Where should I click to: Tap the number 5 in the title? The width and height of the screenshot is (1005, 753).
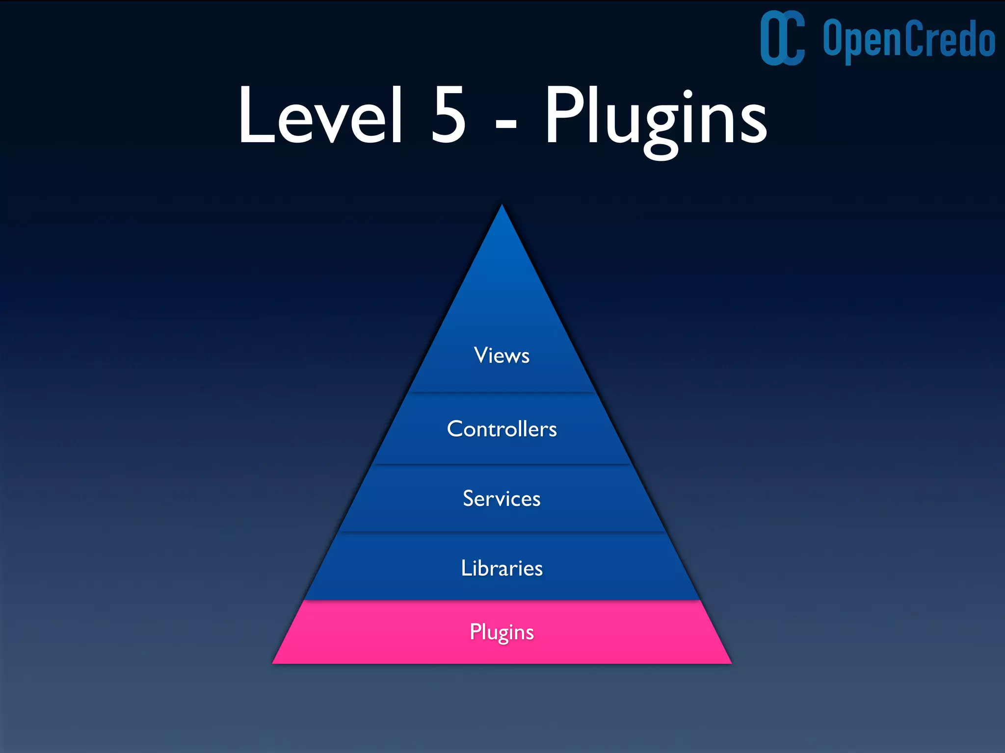(x=448, y=116)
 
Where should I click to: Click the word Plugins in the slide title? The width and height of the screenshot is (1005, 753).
(x=656, y=118)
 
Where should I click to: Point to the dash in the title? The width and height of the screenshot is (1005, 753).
(x=506, y=125)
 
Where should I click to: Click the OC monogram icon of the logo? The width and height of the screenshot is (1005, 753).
(x=782, y=38)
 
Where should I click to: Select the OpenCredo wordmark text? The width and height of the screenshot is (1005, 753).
(x=909, y=39)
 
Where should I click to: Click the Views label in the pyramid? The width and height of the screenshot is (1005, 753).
(x=502, y=355)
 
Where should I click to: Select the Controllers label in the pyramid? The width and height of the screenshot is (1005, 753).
(x=502, y=429)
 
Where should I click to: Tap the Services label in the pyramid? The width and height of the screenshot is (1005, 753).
(x=502, y=499)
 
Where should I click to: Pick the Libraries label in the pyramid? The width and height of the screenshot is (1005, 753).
(x=502, y=568)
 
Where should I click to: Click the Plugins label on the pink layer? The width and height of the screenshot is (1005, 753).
(x=502, y=632)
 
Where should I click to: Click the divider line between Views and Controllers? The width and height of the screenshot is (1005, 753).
(x=502, y=393)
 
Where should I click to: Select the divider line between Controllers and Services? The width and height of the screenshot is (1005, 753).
(x=502, y=464)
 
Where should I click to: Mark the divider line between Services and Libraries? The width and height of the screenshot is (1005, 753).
(x=502, y=532)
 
